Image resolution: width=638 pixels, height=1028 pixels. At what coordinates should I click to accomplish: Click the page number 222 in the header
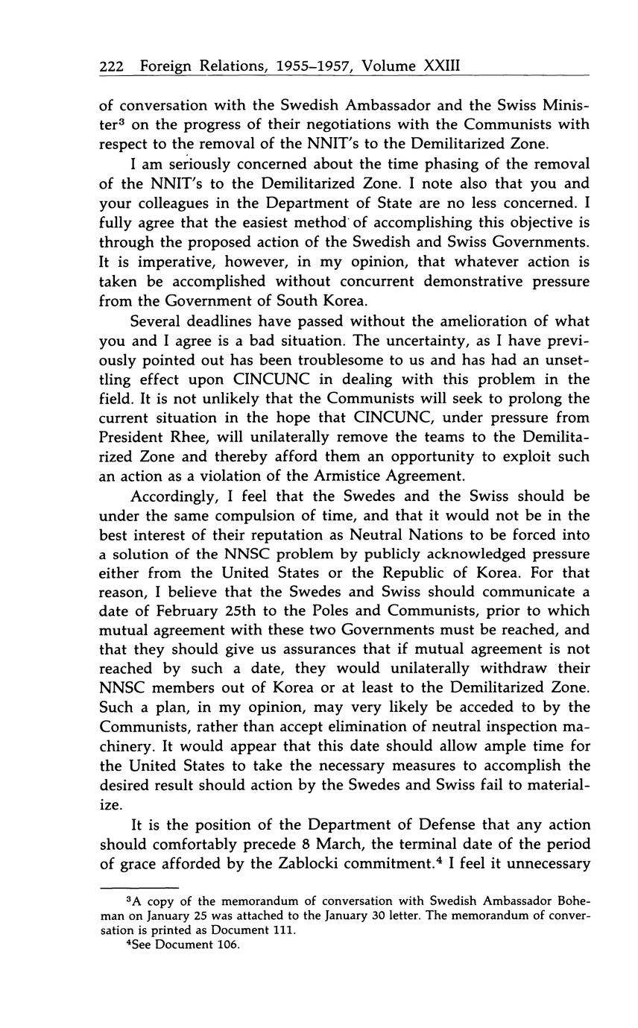[x=112, y=66]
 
